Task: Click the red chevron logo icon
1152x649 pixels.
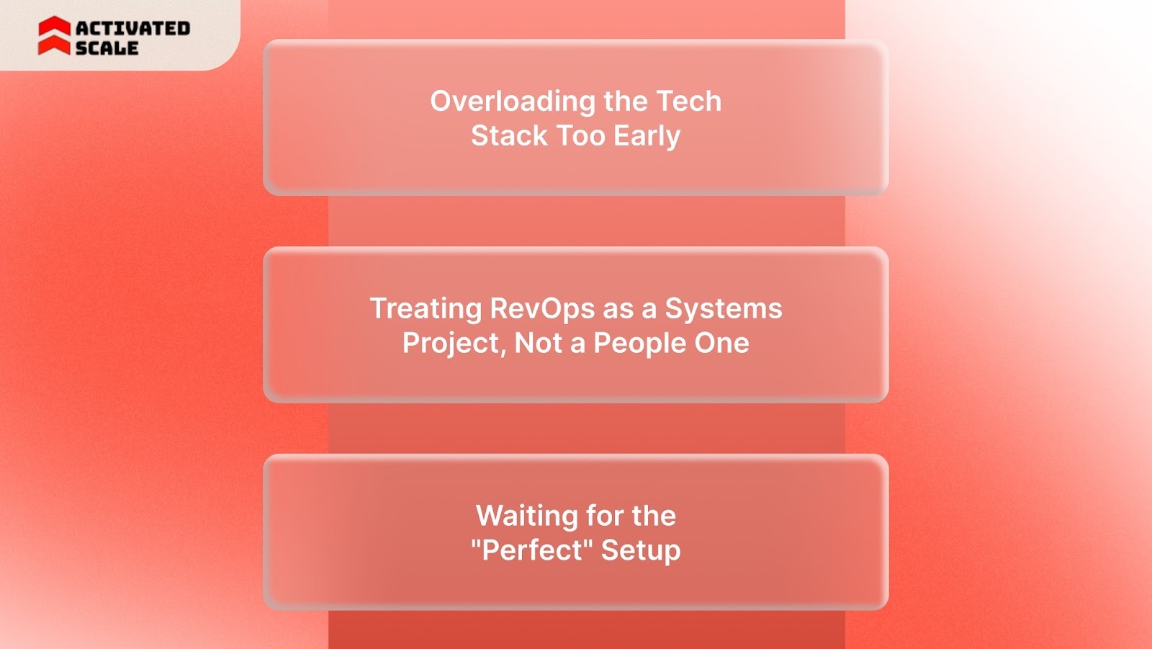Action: (x=54, y=36)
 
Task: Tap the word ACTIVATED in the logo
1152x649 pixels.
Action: (x=132, y=28)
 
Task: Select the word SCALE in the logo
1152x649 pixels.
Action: (x=107, y=48)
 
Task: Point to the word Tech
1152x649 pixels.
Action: (x=688, y=102)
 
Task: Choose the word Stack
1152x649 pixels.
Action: (x=509, y=136)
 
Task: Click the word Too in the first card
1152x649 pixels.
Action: (x=581, y=136)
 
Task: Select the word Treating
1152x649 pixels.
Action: (x=426, y=309)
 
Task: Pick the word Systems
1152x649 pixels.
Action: (x=723, y=309)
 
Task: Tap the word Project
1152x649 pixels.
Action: (x=451, y=344)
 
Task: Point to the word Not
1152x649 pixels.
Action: (x=539, y=344)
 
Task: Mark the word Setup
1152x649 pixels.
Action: (x=641, y=550)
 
